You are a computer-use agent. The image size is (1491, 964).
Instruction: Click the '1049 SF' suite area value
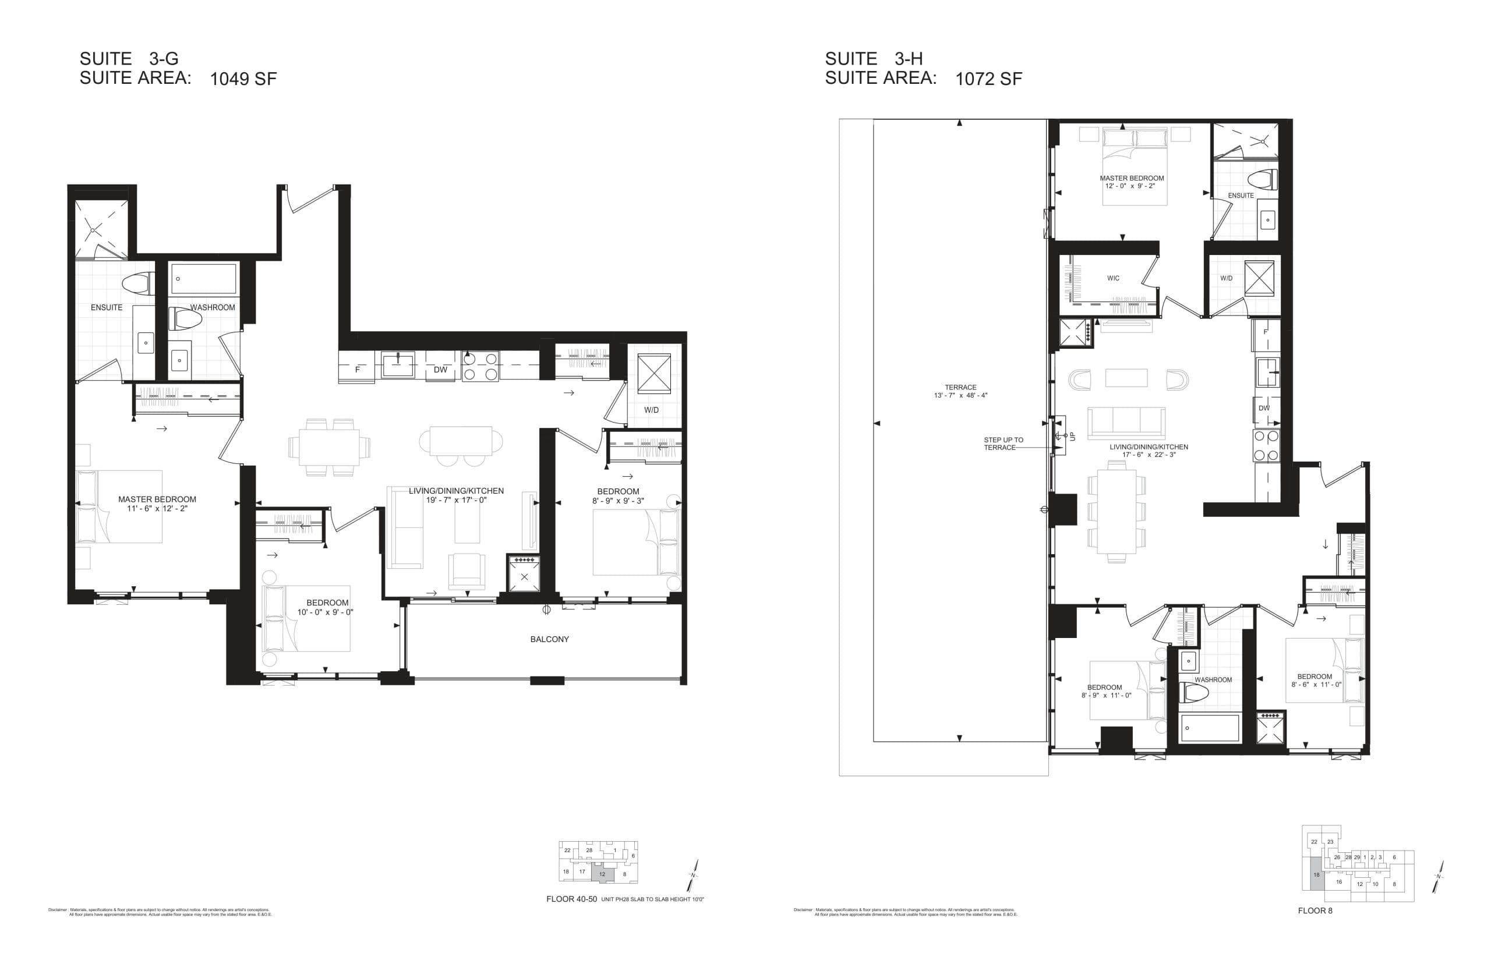coord(243,79)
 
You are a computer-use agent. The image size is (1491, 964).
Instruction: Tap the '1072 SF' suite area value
coord(988,79)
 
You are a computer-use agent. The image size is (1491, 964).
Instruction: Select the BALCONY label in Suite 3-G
coord(549,639)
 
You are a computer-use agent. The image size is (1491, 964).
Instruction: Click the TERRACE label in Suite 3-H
coord(960,388)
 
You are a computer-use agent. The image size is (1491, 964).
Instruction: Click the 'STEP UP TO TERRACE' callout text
coord(1003,444)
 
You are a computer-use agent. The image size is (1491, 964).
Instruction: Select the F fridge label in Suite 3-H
coord(1266,332)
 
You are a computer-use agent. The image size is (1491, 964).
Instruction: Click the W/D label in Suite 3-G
coord(651,410)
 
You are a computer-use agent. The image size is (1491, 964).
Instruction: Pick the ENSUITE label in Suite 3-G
coord(107,307)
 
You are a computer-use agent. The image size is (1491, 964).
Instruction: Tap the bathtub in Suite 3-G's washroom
coord(203,279)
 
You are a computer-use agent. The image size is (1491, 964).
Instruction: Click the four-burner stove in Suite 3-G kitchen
coord(480,366)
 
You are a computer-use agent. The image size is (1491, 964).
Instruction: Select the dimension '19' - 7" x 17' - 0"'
coord(456,500)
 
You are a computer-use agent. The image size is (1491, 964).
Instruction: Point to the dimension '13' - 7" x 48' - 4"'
coord(960,396)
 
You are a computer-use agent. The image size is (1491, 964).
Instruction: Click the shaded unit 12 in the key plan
coord(602,874)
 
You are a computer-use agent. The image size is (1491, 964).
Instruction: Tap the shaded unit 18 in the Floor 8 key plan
coord(1316,874)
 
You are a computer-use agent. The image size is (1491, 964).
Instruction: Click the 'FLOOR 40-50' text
coord(571,899)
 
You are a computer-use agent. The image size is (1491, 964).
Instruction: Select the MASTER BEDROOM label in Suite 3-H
coord(1132,178)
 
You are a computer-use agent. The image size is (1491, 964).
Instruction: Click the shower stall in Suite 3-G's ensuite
coord(101,229)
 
